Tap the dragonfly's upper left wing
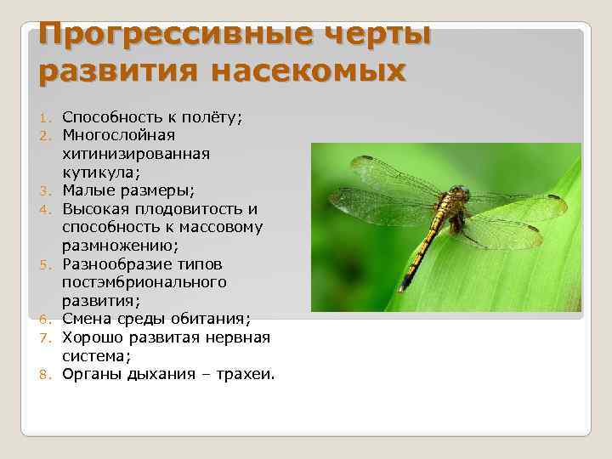[395, 173]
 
